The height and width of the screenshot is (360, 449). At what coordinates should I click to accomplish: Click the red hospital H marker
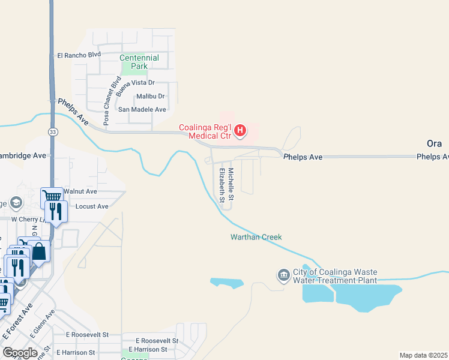click(240, 130)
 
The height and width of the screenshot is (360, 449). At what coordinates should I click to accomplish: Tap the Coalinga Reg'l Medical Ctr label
click(205, 131)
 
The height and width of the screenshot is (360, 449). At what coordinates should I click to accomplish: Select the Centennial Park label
click(139, 62)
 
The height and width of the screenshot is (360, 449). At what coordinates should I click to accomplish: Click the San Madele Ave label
click(142, 109)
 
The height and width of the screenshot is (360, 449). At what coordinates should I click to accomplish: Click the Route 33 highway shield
click(53, 131)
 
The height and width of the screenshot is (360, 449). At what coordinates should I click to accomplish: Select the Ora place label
click(434, 144)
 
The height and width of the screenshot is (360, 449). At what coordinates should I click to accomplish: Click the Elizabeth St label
click(222, 184)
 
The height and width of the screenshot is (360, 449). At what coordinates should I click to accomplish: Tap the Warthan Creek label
click(256, 237)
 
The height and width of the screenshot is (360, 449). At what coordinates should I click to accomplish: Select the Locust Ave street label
click(92, 206)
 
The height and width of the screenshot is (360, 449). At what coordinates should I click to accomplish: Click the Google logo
click(20, 352)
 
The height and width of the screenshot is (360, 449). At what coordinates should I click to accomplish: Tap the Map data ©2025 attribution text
click(423, 355)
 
